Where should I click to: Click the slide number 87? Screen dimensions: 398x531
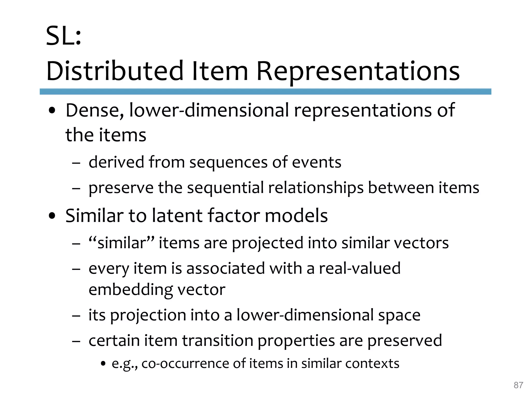click(518, 385)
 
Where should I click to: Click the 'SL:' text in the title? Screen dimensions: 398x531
click(64, 36)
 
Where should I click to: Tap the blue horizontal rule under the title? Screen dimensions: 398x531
click(265, 91)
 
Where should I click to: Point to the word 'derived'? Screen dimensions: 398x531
click(116, 162)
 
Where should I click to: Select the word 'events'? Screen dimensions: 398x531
click(317, 162)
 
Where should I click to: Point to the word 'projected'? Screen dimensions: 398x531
click(267, 243)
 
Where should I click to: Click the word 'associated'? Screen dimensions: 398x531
click(226, 268)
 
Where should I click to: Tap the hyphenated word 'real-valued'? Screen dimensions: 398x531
click(360, 268)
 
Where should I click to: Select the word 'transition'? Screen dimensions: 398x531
click(218, 340)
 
